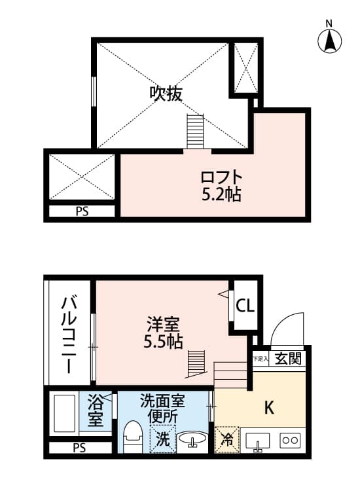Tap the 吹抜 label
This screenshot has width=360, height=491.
pyautogui.click(x=165, y=94)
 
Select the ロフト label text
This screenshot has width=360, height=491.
pyautogui.click(x=221, y=177)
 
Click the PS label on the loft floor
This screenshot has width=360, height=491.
pyautogui.click(x=82, y=211)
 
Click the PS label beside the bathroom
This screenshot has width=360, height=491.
pyautogui.click(x=79, y=448)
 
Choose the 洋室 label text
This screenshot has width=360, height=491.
pyautogui.click(x=163, y=324)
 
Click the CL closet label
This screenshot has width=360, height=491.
pyautogui.click(x=246, y=306)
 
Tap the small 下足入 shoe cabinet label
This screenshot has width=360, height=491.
pyautogui.click(x=261, y=359)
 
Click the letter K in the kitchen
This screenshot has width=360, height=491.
pyautogui.click(x=268, y=407)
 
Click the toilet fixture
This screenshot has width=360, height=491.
pyautogui.click(x=133, y=437)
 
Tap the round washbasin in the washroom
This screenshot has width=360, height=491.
pyautogui.click(x=191, y=440)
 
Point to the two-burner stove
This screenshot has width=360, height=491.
pyautogui.click(x=290, y=440)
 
